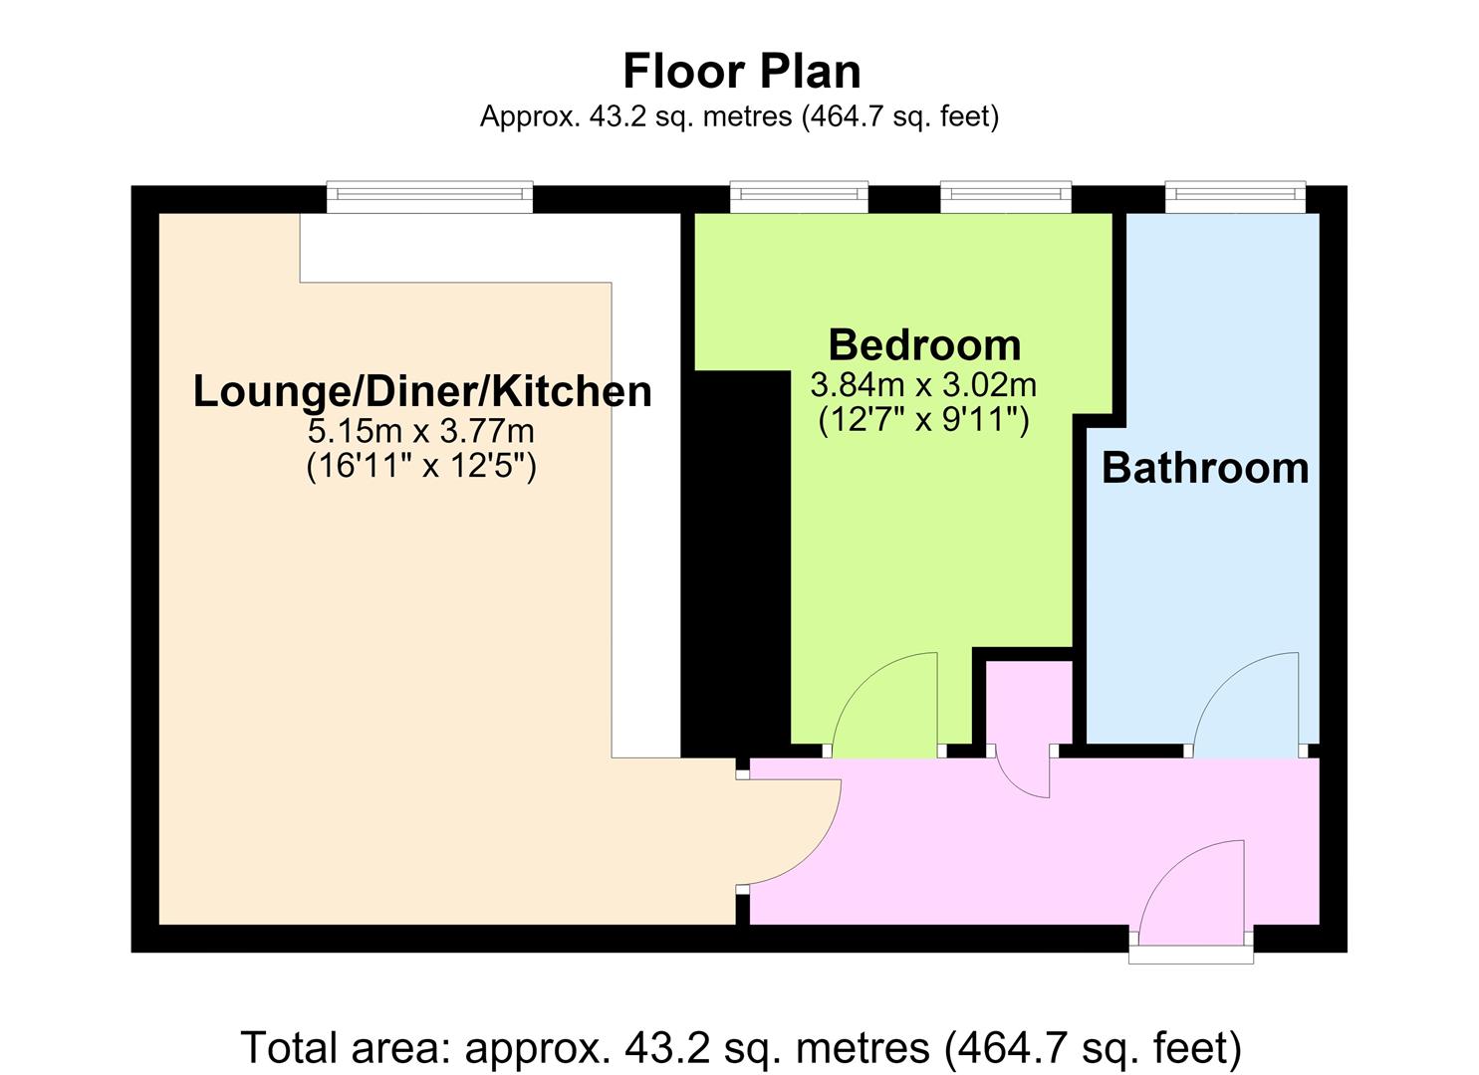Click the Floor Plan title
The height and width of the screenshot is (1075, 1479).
tap(741, 72)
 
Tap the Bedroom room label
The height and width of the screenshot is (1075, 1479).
tap(924, 345)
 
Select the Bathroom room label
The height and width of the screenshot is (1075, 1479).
tap(1205, 469)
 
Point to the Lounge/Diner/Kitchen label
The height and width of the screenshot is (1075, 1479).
tap(422, 392)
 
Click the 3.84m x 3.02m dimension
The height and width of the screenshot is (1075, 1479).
tap(923, 385)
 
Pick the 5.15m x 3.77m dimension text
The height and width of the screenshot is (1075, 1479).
tap(421, 432)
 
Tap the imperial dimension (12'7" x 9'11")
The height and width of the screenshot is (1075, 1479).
tap(923, 420)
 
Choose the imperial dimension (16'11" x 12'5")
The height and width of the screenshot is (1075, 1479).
tap(422, 467)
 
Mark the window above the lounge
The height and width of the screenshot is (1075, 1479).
tap(430, 196)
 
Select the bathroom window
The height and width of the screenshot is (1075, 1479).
tap(1235, 196)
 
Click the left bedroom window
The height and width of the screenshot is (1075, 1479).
tap(799, 196)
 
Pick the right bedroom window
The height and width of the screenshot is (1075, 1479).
tap(1006, 196)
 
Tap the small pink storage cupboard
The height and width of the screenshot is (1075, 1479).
tap(1029, 703)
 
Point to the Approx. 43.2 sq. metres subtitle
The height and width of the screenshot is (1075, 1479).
tap(739, 116)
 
